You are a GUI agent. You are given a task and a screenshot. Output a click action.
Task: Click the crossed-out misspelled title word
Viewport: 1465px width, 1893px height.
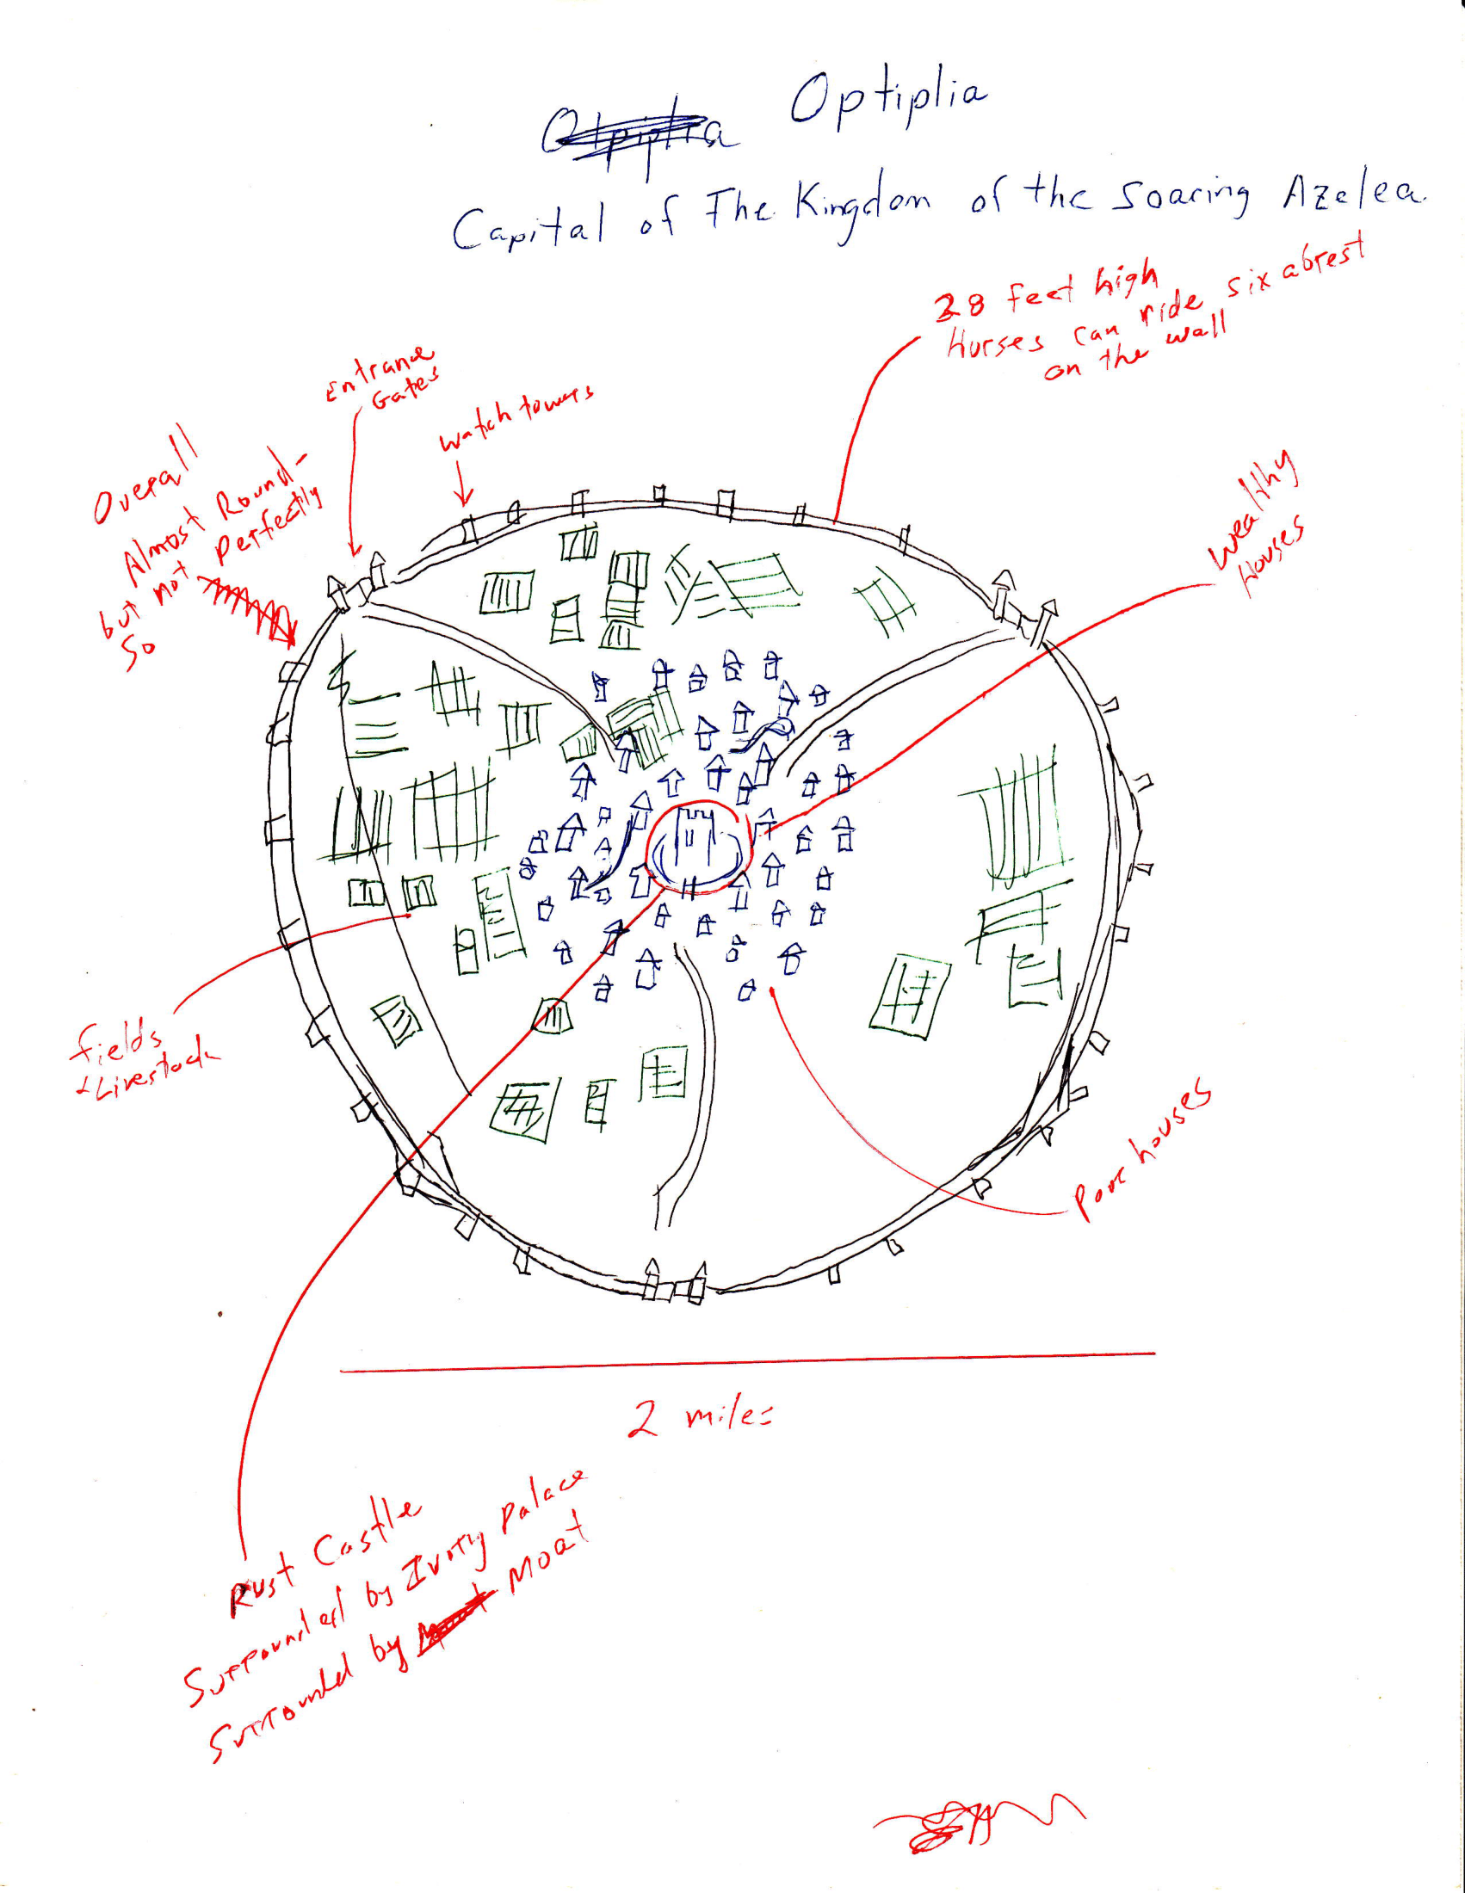(x=637, y=134)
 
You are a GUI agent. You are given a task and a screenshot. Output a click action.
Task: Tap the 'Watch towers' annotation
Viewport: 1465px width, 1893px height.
(x=516, y=416)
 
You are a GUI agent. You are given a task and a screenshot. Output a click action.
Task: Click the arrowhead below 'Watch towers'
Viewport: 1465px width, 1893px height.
(x=466, y=497)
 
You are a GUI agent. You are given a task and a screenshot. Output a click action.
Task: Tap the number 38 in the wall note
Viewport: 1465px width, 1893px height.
(x=960, y=305)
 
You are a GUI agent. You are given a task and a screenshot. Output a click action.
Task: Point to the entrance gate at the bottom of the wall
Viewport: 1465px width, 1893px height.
(x=676, y=1283)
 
